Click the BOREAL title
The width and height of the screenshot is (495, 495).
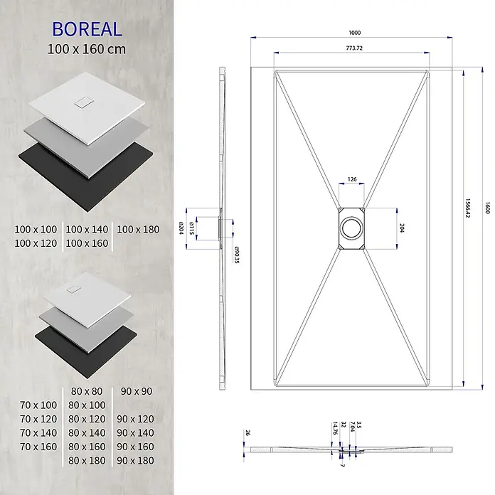click(x=87, y=29)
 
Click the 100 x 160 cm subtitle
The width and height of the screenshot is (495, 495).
click(x=87, y=49)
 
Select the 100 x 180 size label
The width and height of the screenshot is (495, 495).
click(x=138, y=230)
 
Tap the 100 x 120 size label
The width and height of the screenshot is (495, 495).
click(x=36, y=243)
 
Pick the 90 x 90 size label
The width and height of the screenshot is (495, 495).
click(x=137, y=391)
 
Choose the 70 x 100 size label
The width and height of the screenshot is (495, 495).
click(x=38, y=405)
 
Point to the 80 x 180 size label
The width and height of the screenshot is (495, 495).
click(x=87, y=461)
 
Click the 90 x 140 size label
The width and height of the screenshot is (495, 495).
click(x=135, y=433)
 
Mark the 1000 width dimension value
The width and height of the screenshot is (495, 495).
click(x=354, y=33)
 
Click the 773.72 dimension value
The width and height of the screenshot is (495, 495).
click(x=354, y=48)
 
